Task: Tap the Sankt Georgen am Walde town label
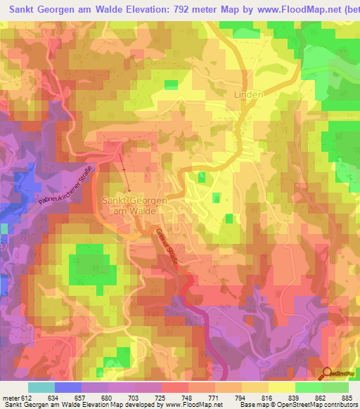point(134,205)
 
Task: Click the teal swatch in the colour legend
point(41,387)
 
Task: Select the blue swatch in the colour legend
point(68,387)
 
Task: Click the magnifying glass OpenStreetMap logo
point(327,373)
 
